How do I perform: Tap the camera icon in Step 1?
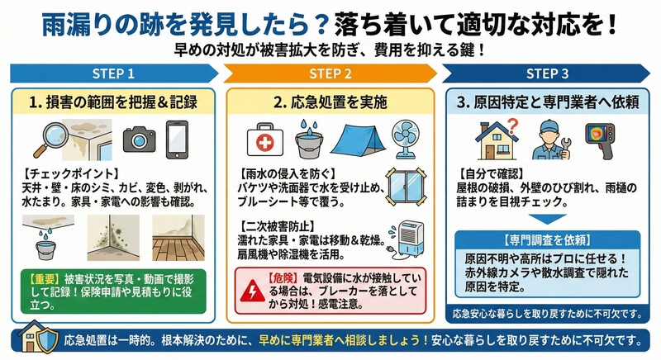coord(139,140)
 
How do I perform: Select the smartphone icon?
coord(177,140)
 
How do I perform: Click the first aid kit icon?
coord(264,140)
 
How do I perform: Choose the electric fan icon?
coord(407,140)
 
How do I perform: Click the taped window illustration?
coord(406,187)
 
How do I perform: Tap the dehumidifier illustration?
coord(407,239)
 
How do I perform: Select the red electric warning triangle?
coord(253,291)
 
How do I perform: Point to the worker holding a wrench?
coord(550,140)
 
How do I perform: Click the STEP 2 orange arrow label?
coord(330,73)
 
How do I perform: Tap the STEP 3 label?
coord(547,73)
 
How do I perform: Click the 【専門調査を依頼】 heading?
coord(547,240)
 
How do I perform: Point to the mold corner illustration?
coord(113,238)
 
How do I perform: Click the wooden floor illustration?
coord(178,238)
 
